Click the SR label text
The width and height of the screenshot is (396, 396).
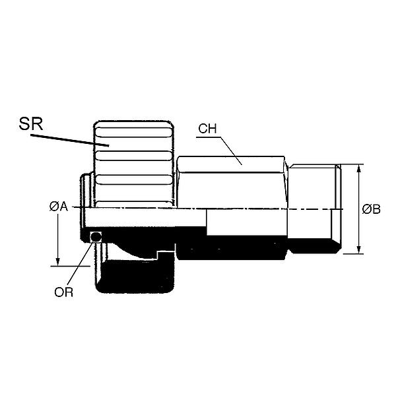coord(30,123)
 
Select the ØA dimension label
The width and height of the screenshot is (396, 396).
coord(59,207)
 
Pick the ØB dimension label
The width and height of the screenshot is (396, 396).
coord(372,209)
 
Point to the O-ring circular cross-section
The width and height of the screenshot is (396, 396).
coord(96,236)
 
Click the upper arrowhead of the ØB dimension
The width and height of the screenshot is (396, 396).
coord(358,168)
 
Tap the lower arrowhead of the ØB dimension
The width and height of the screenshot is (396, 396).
coord(358,249)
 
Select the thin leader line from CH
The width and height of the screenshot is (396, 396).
coord(228,145)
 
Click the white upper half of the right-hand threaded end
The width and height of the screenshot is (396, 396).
coord(313,188)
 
